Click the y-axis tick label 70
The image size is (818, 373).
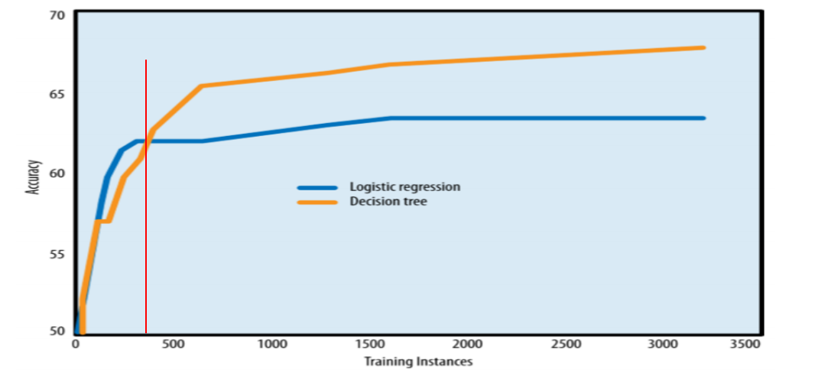click(57, 15)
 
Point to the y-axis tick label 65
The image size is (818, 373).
click(57, 94)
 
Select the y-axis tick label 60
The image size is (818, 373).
click(57, 174)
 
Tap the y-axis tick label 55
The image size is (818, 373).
click(57, 253)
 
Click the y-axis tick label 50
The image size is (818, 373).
click(57, 332)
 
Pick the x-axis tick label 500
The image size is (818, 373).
click(174, 345)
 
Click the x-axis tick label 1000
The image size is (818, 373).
click(271, 345)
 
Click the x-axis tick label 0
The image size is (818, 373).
click(76, 345)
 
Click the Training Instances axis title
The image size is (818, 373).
click(417, 362)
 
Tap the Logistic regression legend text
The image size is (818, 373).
click(404, 186)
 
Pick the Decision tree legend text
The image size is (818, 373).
click(388, 202)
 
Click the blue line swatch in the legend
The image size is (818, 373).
click(317, 187)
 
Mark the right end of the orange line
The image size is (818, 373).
click(703, 47)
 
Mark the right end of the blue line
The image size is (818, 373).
click(703, 118)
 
